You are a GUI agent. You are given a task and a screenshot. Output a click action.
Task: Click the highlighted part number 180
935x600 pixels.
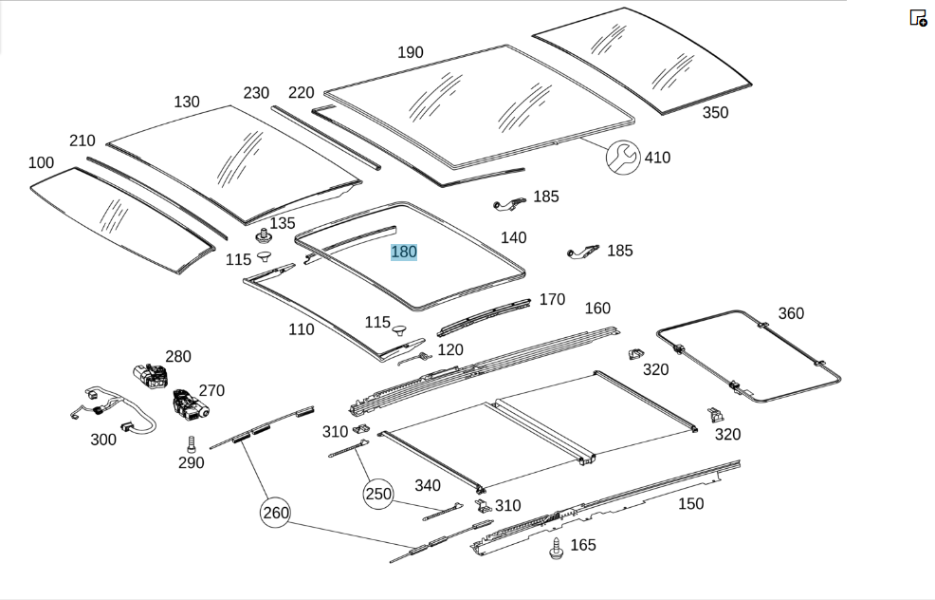tap(404, 252)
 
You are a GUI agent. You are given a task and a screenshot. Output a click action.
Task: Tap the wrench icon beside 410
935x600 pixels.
tap(623, 158)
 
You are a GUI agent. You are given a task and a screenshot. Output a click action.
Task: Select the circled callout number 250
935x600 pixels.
tap(378, 494)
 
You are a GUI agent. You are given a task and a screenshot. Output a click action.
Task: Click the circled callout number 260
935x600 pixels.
tap(276, 513)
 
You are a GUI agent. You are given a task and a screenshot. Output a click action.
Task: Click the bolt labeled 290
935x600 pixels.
tap(191, 444)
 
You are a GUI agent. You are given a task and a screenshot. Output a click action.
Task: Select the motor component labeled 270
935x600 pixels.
tap(190, 404)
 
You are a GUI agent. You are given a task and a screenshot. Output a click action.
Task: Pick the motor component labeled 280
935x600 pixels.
tap(151, 376)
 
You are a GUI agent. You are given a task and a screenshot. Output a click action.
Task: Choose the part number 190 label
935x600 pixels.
tap(411, 52)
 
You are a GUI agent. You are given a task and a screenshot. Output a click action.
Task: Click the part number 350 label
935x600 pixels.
tap(715, 112)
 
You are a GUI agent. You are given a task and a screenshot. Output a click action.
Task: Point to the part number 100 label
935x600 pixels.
tap(41, 162)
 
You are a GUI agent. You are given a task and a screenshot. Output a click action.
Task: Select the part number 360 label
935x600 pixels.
tap(791, 313)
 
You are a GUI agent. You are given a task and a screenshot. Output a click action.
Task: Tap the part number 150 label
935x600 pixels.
tap(690, 503)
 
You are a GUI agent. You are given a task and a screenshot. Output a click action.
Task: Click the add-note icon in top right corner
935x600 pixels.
tap(918, 18)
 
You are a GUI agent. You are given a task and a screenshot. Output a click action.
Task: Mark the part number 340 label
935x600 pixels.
tap(428, 485)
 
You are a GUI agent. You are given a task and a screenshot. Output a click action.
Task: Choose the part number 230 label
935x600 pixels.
tap(256, 93)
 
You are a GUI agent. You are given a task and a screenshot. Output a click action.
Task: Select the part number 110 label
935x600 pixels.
tap(302, 329)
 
